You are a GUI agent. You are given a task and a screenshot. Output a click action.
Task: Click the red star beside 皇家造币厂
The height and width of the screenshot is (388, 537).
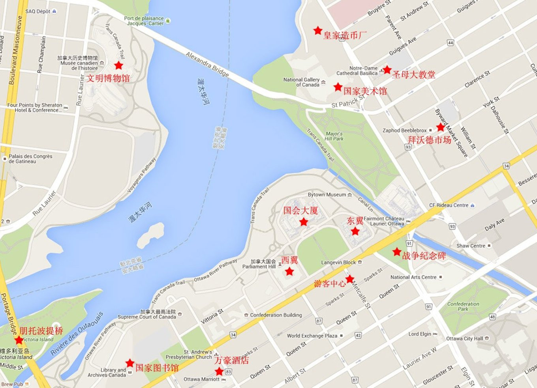coord(317,30)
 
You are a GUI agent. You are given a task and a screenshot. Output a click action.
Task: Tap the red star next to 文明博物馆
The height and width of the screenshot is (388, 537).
coord(118,65)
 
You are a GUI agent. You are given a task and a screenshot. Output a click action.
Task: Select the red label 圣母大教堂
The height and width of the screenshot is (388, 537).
coord(413,75)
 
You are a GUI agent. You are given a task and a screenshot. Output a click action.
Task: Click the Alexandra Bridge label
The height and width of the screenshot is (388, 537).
coord(207,64)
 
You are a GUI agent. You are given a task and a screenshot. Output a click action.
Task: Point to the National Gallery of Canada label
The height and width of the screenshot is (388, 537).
coord(301,82)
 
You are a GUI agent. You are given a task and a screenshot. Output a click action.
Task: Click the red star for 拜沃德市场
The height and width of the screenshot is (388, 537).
coord(440,127)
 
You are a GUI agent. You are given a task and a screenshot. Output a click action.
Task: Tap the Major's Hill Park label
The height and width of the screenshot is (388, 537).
coord(334,136)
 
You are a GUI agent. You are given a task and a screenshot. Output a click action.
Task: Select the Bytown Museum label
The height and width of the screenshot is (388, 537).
coord(327,195)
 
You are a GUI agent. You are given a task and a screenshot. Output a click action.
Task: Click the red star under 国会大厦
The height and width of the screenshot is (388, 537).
coord(303,222)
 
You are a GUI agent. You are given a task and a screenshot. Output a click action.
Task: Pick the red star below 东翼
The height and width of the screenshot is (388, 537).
coord(355,231)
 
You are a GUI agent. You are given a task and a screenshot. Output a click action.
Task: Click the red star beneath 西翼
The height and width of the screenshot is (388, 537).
coord(289,271)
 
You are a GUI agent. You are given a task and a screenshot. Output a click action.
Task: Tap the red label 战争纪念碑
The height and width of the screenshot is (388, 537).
coord(424,256)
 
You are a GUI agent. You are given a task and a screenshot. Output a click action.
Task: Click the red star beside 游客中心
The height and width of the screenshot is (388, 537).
coord(349,280)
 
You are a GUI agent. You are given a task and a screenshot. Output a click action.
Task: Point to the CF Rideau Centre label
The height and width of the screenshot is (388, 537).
coord(449,205)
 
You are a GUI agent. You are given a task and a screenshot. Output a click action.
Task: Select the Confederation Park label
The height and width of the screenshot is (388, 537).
coord(463,306)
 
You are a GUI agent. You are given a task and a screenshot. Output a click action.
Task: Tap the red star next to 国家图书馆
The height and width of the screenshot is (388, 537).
coord(130,363)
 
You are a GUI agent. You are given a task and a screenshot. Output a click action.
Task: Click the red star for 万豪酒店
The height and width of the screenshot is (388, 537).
coord(219,371)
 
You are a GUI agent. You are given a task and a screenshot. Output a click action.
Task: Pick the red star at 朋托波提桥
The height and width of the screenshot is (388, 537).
coord(19,340)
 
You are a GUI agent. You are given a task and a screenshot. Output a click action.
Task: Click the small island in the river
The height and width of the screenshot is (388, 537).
coord(150,235)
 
